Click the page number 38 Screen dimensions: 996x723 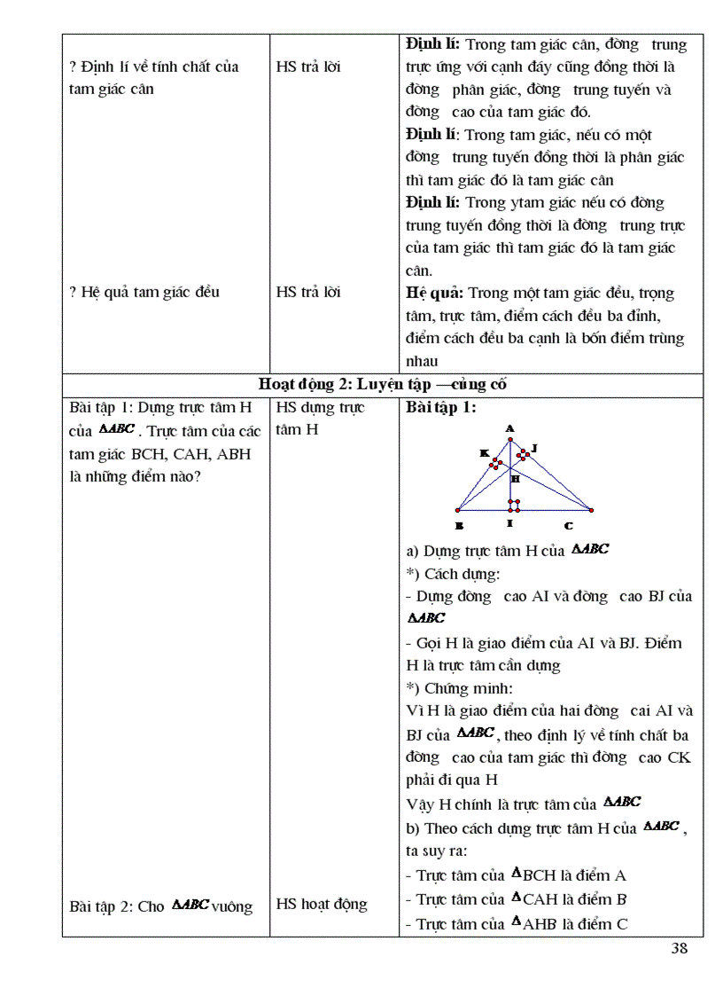click(680, 948)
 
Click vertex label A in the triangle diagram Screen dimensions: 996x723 click(510, 428)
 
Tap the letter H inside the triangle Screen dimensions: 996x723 click(516, 478)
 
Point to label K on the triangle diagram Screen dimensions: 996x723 click(485, 452)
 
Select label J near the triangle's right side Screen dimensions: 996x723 click(534, 448)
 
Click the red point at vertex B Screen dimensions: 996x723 click(457, 510)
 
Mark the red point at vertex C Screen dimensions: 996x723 click(591, 510)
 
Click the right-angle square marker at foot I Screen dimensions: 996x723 click(515, 506)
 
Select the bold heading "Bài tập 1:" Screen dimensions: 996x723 click(441, 408)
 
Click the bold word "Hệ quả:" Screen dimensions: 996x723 click(434, 293)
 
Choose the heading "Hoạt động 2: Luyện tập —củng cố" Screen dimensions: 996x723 click(383, 384)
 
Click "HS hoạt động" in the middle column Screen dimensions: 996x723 click(321, 904)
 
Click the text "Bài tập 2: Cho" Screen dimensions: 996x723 click(117, 906)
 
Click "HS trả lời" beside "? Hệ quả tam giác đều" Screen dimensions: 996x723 click(307, 293)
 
